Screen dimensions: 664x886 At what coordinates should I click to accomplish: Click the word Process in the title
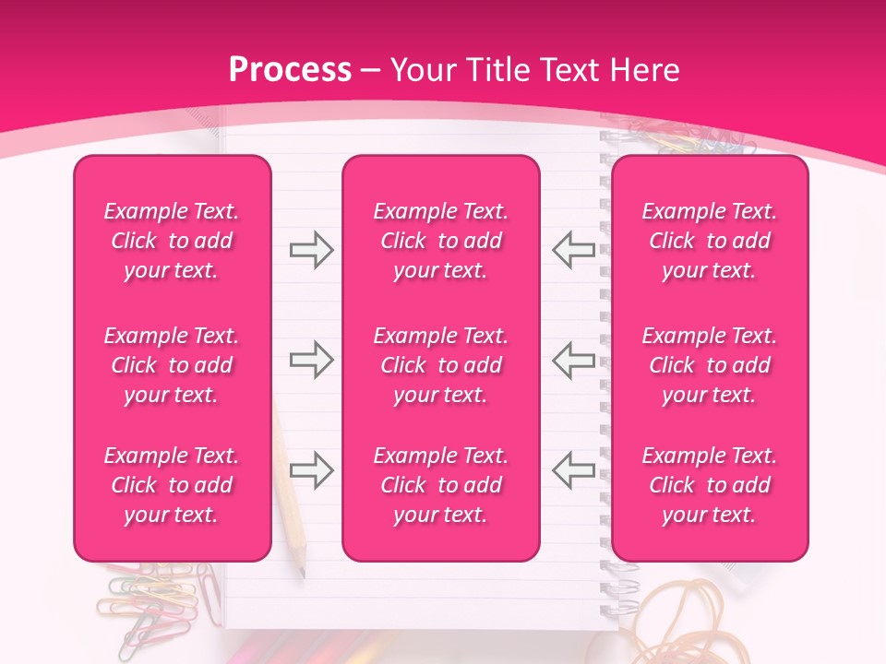290,70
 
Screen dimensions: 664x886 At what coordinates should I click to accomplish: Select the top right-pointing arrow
311,250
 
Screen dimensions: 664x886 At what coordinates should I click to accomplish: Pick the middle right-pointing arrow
311,360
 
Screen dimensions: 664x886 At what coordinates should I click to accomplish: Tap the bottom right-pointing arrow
311,470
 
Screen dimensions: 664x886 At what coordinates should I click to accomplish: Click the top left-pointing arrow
573,250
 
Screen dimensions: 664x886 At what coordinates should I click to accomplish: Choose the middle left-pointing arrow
573,360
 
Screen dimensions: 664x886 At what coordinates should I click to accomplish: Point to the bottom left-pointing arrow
573,470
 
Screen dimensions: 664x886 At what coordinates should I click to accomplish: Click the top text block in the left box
172,241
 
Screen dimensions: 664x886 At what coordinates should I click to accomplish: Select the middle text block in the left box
172,365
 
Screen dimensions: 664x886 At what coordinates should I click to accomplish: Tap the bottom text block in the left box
172,485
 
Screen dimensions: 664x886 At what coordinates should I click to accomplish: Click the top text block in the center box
440,241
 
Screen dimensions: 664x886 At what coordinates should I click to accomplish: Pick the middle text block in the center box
440,365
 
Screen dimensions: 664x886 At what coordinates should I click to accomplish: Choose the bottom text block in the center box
440,485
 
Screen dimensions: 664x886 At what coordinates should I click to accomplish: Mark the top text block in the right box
709,241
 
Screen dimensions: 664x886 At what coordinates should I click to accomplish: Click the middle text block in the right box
709,365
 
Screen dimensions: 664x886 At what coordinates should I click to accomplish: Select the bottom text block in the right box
709,485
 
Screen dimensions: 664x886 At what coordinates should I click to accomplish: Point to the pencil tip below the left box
301,574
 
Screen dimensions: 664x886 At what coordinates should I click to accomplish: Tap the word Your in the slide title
420,70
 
